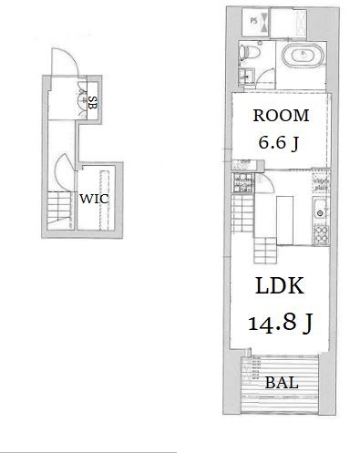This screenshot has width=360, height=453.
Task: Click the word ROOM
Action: tap(281, 116)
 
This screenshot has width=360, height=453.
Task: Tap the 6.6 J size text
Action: tap(278, 142)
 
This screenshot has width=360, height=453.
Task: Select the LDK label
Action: tap(280, 285)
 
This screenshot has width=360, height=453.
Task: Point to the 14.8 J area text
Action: tap(280, 323)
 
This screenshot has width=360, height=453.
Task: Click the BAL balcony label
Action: tap(282, 383)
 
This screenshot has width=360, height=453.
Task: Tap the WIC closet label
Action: tap(94, 199)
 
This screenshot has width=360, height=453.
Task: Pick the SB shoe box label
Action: tap(92, 103)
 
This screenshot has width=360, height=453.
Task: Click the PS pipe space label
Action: tap(253, 21)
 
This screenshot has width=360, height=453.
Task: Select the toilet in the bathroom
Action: tap(250, 52)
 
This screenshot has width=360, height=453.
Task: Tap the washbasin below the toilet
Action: tap(247, 76)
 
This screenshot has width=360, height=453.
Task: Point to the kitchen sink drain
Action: tap(320, 213)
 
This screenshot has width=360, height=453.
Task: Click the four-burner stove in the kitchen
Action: tap(321, 234)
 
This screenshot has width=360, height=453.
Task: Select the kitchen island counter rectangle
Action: tap(284, 221)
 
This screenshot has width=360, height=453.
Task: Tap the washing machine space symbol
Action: tap(242, 182)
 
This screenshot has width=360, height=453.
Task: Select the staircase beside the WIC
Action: tap(60, 211)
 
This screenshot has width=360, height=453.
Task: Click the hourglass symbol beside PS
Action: tap(264, 21)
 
